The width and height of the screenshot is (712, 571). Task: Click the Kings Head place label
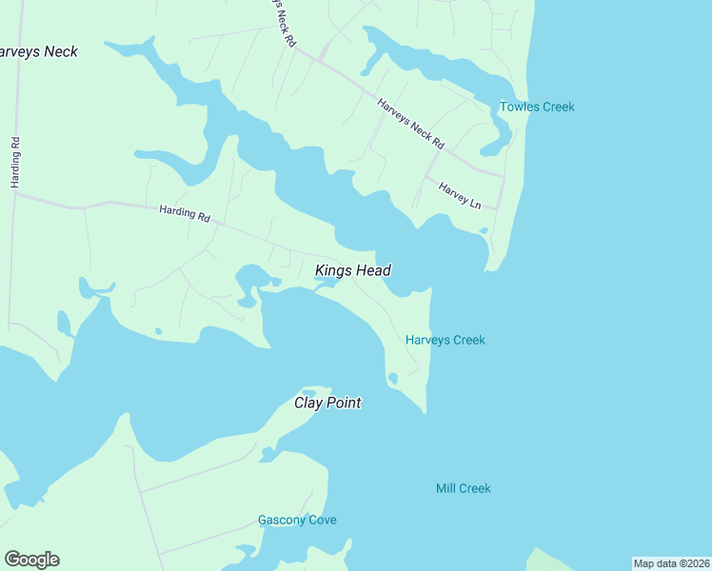[352, 271]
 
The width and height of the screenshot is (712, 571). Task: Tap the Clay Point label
[326, 403]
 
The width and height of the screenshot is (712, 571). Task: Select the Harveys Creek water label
[445, 340]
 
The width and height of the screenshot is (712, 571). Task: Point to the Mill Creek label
[463, 488]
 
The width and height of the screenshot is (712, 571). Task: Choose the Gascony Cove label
[297, 521]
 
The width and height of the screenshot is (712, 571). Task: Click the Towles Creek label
[538, 107]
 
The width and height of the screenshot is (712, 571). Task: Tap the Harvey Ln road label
[461, 196]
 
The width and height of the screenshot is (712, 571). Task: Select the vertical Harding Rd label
[15, 162]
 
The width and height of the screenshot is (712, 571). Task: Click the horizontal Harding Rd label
[185, 214]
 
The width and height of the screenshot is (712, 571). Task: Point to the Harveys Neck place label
[38, 51]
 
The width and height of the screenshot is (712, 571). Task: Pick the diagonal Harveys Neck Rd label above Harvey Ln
[411, 124]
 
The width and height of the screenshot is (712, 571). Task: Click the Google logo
[31, 560]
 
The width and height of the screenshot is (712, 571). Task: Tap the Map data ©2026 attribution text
[671, 563]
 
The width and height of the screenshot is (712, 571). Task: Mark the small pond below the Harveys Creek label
[393, 379]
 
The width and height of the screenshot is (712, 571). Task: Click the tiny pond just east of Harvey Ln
[484, 229]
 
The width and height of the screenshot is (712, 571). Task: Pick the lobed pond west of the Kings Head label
[250, 281]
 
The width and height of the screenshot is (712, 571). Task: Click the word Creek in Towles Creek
[558, 107]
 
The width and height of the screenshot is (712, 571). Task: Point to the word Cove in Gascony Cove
[323, 521]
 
